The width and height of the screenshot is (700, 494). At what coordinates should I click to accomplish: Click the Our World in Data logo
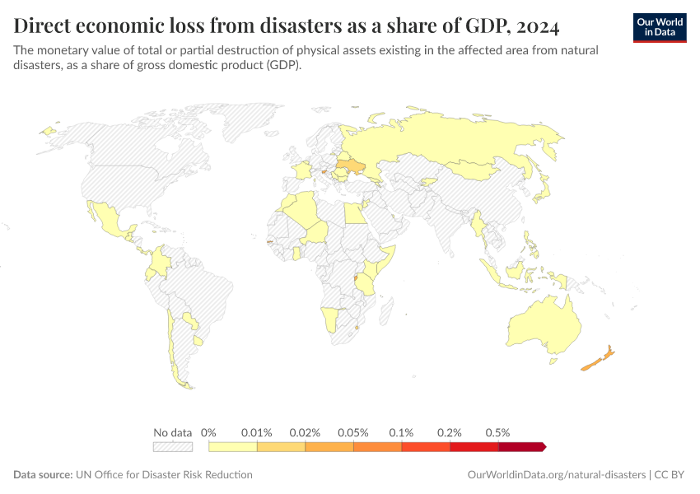[x=660, y=27]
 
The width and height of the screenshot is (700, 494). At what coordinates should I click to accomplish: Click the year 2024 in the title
[x=534, y=27]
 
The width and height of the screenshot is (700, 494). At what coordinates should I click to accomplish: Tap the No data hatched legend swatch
[x=172, y=446]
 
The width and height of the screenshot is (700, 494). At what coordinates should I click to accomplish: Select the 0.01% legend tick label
[x=256, y=432]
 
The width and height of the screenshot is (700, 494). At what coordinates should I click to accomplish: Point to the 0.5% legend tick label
[x=497, y=432]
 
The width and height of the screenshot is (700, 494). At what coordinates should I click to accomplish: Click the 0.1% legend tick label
[x=401, y=432]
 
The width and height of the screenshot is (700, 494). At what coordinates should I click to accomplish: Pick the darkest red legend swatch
[x=520, y=446]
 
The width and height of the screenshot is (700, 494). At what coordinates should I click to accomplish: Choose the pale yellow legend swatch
[x=233, y=446]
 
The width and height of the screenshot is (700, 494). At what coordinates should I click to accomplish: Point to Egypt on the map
[x=352, y=215]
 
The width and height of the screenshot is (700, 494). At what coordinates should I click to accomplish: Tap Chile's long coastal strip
[x=171, y=346]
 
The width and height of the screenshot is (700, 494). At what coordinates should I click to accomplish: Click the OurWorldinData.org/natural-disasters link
[x=556, y=475]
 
